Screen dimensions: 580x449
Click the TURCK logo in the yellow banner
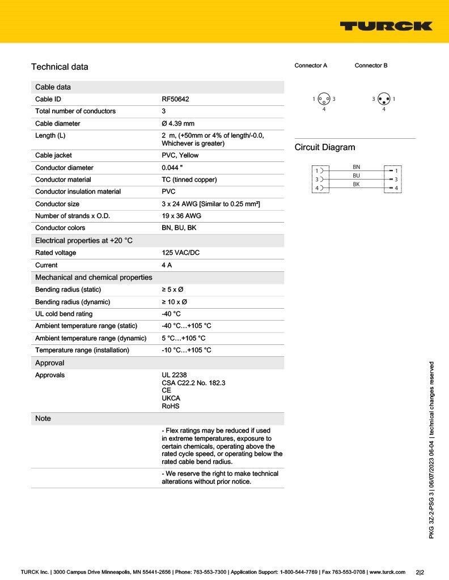point(386,26)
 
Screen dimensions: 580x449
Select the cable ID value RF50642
point(175,99)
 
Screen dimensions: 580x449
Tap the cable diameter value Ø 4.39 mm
point(178,123)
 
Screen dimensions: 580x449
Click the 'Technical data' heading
point(60,67)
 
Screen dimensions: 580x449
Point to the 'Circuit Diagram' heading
point(325,147)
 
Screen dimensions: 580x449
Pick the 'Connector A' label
point(311,66)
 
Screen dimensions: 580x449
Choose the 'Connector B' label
point(371,66)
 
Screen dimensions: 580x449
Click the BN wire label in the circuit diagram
point(356,167)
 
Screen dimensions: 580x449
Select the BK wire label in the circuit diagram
point(356,184)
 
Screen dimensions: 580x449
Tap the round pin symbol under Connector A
point(324,99)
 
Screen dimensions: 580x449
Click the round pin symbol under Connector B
point(384,99)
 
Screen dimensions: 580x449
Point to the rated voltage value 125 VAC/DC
point(180,253)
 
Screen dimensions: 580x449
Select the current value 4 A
point(167,265)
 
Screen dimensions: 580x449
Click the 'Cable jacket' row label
point(53,155)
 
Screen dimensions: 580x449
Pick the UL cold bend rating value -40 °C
point(171,314)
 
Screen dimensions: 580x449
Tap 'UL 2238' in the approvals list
point(174,375)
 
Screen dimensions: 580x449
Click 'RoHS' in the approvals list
point(171,406)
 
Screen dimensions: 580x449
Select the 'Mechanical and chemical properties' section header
point(94,278)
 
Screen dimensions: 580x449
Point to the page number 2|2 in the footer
point(420,572)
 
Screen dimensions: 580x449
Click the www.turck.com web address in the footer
point(387,572)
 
